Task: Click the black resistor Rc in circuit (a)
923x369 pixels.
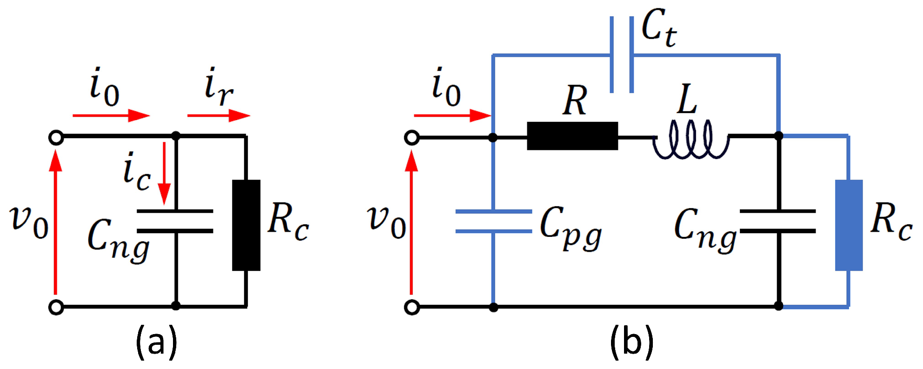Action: click(246, 225)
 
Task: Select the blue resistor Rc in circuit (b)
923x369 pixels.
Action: click(849, 225)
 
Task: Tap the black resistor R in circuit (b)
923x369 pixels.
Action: click(572, 136)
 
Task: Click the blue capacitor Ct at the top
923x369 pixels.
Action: click(622, 55)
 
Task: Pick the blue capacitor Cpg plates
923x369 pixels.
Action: click(493, 221)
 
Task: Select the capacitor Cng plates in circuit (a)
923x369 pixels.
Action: click(175, 221)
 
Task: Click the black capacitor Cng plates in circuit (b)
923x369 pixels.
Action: click(778, 221)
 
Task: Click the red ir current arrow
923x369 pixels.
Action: click(219, 115)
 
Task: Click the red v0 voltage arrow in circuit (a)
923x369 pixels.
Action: click(55, 223)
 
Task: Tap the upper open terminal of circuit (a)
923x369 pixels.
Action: click(56, 138)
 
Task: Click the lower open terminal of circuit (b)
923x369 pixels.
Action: click(412, 308)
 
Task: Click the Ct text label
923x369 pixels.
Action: click(658, 29)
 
